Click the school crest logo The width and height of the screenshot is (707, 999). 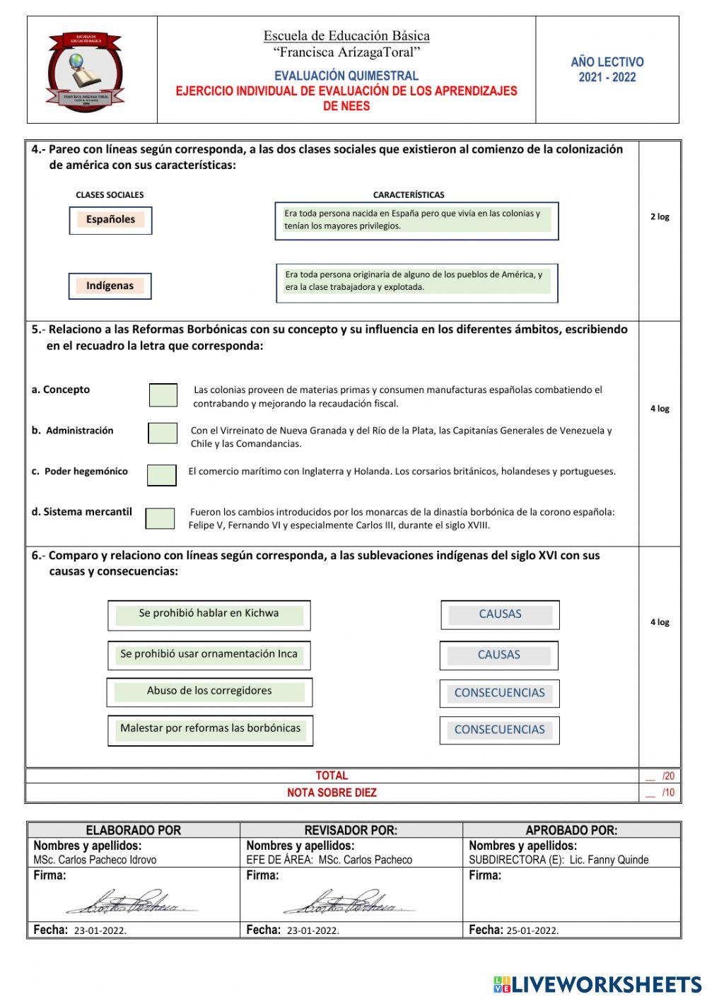pos(85,71)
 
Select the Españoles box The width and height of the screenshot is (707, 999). pos(110,220)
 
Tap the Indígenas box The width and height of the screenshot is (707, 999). pos(110,286)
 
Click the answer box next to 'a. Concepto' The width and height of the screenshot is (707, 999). pos(163,395)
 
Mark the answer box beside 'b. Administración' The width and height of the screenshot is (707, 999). pos(163,433)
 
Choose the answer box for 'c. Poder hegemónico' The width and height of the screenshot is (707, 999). pos(162,475)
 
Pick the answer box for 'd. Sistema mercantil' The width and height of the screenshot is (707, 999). pos(160,518)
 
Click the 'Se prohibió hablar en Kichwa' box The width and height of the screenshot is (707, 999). pos(209,615)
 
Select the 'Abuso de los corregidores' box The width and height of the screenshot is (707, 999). pos(209,692)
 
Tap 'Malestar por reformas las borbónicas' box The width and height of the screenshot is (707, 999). pos(210,730)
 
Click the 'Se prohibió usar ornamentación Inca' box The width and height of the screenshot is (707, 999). pos(209,655)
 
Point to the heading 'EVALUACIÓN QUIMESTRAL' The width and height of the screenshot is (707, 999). pos(346,76)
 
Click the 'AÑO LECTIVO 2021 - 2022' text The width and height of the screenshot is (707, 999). pos(607,70)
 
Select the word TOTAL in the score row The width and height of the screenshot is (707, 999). pos(332,776)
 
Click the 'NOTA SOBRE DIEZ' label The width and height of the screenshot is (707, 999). pos(332,793)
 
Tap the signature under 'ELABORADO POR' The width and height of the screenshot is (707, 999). pos(131,902)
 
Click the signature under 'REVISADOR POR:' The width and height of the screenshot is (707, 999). pos(348,902)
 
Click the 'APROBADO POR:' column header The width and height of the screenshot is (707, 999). pos(571,830)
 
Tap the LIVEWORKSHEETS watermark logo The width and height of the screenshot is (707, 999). pos(597,984)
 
